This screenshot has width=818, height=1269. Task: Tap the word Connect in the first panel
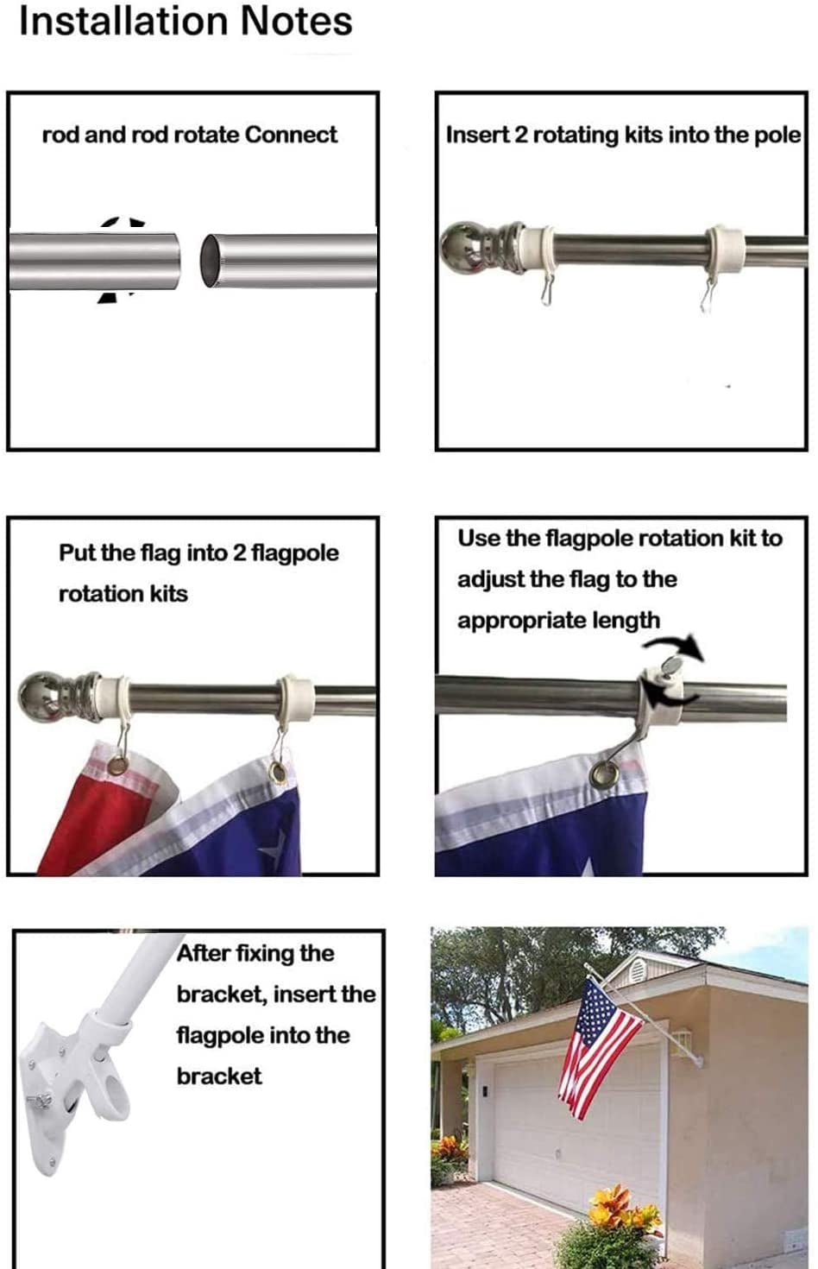(x=292, y=135)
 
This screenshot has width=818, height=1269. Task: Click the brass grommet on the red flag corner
(x=117, y=766)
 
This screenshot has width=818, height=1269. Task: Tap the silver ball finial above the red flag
(x=39, y=696)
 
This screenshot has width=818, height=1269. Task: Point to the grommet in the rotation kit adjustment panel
(x=605, y=773)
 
